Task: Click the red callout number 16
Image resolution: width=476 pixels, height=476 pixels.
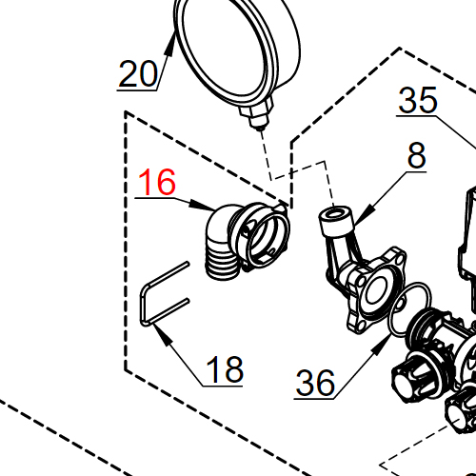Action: coord(157,182)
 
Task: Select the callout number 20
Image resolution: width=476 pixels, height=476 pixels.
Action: coord(138,74)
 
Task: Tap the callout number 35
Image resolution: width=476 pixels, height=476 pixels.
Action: coord(418,100)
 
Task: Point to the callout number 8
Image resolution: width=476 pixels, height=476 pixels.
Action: coord(416,155)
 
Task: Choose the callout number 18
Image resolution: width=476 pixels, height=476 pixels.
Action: coord(225,369)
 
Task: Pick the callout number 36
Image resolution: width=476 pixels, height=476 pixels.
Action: coord(315,383)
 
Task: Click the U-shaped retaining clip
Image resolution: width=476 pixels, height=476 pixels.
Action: coord(144,305)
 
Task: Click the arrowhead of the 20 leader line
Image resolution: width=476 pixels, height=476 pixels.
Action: coord(170,45)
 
